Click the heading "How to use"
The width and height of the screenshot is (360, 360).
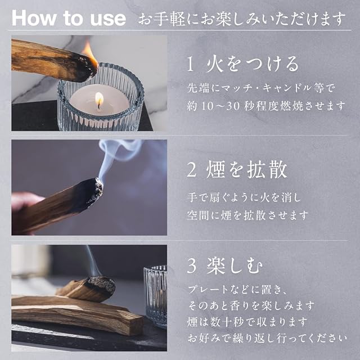(x=69, y=18)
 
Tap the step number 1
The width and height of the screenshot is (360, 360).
(x=191, y=64)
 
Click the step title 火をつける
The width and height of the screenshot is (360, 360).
(x=253, y=64)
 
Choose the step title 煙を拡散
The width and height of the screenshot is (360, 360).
(x=247, y=170)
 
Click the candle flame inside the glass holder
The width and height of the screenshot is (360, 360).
(x=99, y=99)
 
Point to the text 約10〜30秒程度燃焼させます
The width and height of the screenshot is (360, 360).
(x=266, y=106)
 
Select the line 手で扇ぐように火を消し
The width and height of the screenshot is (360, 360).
(x=244, y=198)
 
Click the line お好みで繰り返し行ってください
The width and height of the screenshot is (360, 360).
(x=267, y=338)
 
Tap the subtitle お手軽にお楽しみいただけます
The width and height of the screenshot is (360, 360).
(x=241, y=19)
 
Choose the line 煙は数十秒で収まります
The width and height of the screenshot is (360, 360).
(x=247, y=322)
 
